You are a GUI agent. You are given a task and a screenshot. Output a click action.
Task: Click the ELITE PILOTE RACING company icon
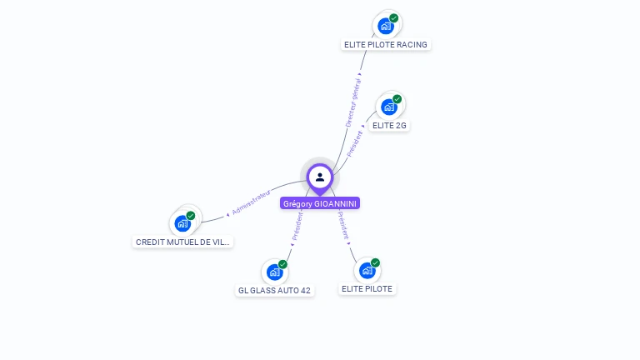click(385, 26)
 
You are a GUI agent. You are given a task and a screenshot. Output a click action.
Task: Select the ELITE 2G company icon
click(388, 107)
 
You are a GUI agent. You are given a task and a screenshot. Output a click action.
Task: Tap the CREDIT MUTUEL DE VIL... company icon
click(182, 222)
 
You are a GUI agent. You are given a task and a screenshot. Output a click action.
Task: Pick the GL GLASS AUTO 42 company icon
click(274, 272)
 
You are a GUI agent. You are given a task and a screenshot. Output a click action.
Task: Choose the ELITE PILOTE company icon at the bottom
click(367, 270)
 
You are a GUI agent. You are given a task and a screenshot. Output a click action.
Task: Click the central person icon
click(320, 177)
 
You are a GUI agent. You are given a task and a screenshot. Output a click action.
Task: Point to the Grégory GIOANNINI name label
click(320, 203)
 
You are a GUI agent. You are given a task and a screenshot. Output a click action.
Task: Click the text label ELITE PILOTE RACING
click(386, 45)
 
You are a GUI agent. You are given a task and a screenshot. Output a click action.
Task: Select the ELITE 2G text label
click(389, 126)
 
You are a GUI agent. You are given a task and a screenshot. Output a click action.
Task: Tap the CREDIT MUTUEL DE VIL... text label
click(183, 242)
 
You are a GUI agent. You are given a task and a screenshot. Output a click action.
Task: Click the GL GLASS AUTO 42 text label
click(274, 291)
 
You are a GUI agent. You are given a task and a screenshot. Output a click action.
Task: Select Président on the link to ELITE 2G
click(355, 142)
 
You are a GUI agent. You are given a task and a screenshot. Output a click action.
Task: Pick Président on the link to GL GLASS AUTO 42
click(297, 225)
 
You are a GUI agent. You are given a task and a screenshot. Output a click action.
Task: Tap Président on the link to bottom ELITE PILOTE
click(343, 226)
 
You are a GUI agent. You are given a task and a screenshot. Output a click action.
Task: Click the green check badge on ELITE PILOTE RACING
click(394, 18)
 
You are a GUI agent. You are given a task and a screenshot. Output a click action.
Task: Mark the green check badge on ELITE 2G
click(397, 99)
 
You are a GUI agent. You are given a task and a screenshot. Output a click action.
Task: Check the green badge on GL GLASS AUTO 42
click(283, 264)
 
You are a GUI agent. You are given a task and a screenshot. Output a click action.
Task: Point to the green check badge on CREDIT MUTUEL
click(191, 216)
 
